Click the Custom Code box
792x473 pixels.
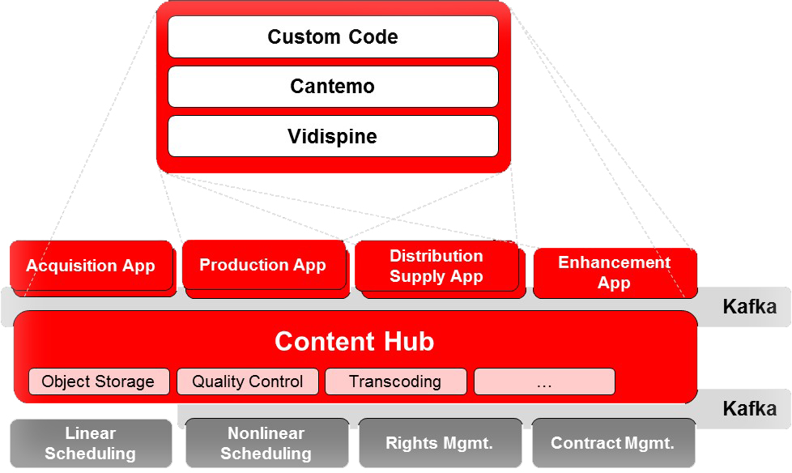click(x=333, y=37)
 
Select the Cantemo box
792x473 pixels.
click(x=333, y=87)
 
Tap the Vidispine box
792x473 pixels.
click(x=333, y=136)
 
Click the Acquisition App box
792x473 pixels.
click(x=92, y=266)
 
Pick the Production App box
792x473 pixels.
click(x=264, y=265)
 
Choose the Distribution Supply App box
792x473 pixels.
click(x=436, y=266)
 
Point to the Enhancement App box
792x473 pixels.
click(x=615, y=273)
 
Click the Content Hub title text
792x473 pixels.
click(x=354, y=341)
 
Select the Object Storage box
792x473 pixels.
click(x=99, y=381)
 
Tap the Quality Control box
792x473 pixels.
click(x=248, y=381)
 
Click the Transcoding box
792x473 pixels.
click(x=395, y=381)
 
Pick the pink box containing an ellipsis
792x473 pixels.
click(x=544, y=381)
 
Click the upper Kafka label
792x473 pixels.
click(x=750, y=307)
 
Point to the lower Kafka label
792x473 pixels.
click(x=750, y=409)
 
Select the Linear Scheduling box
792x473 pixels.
click(x=91, y=443)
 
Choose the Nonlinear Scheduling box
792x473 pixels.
click(x=266, y=443)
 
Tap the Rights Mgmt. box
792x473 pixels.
click(x=440, y=443)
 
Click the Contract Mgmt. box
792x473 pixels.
click(x=613, y=443)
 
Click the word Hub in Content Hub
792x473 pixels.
click(x=409, y=341)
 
